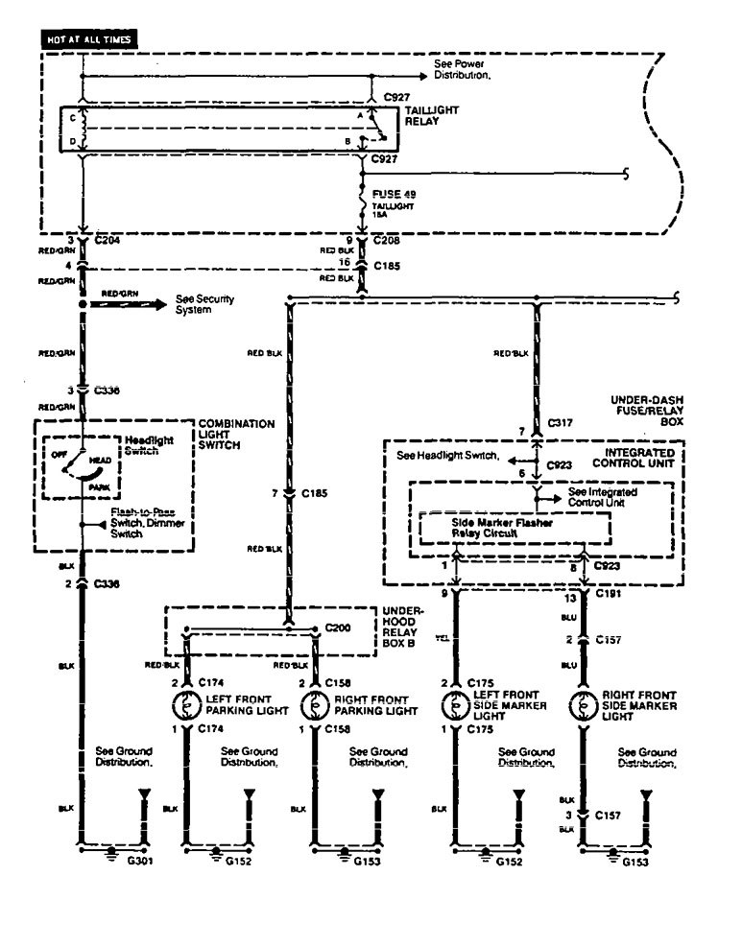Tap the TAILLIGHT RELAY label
click(432, 116)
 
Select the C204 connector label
click(108, 240)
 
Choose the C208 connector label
click(388, 240)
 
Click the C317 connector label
click(562, 421)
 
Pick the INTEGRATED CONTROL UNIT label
click(644, 459)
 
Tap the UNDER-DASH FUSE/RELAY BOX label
click(647, 410)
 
